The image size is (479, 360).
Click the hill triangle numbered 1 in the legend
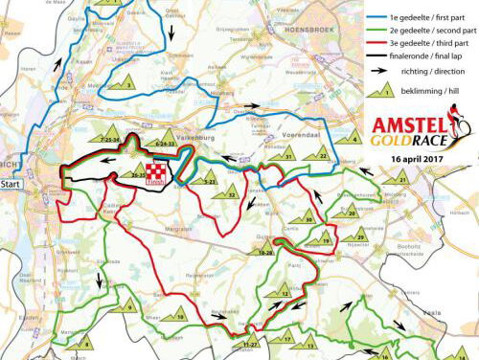pyautogui.click(x=379, y=87)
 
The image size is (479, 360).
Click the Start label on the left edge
pyautogui.click(x=11, y=182)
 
